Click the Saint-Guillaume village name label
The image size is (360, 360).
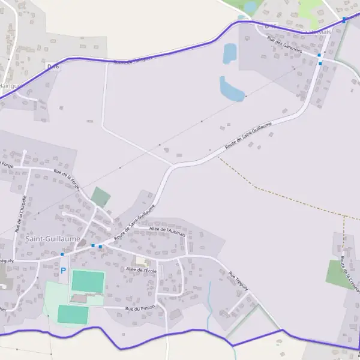point(53,238)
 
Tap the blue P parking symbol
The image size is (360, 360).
point(63,271)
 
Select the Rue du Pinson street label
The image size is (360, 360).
point(140,308)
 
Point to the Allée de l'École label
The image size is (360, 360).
point(142,270)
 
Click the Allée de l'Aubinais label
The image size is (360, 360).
point(167,230)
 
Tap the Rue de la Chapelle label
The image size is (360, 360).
point(21,214)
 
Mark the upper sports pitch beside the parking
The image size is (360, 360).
point(88,281)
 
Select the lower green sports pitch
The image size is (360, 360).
point(73,314)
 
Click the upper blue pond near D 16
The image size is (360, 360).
point(230,54)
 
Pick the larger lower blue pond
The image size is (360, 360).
point(231,89)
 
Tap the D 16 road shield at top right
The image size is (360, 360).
point(269,26)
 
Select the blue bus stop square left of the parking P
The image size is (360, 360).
point(62,254)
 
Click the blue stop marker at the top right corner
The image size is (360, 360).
point(344,19)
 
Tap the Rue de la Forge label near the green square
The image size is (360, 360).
point(67,179)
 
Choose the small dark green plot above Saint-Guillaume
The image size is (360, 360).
point(101,197)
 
